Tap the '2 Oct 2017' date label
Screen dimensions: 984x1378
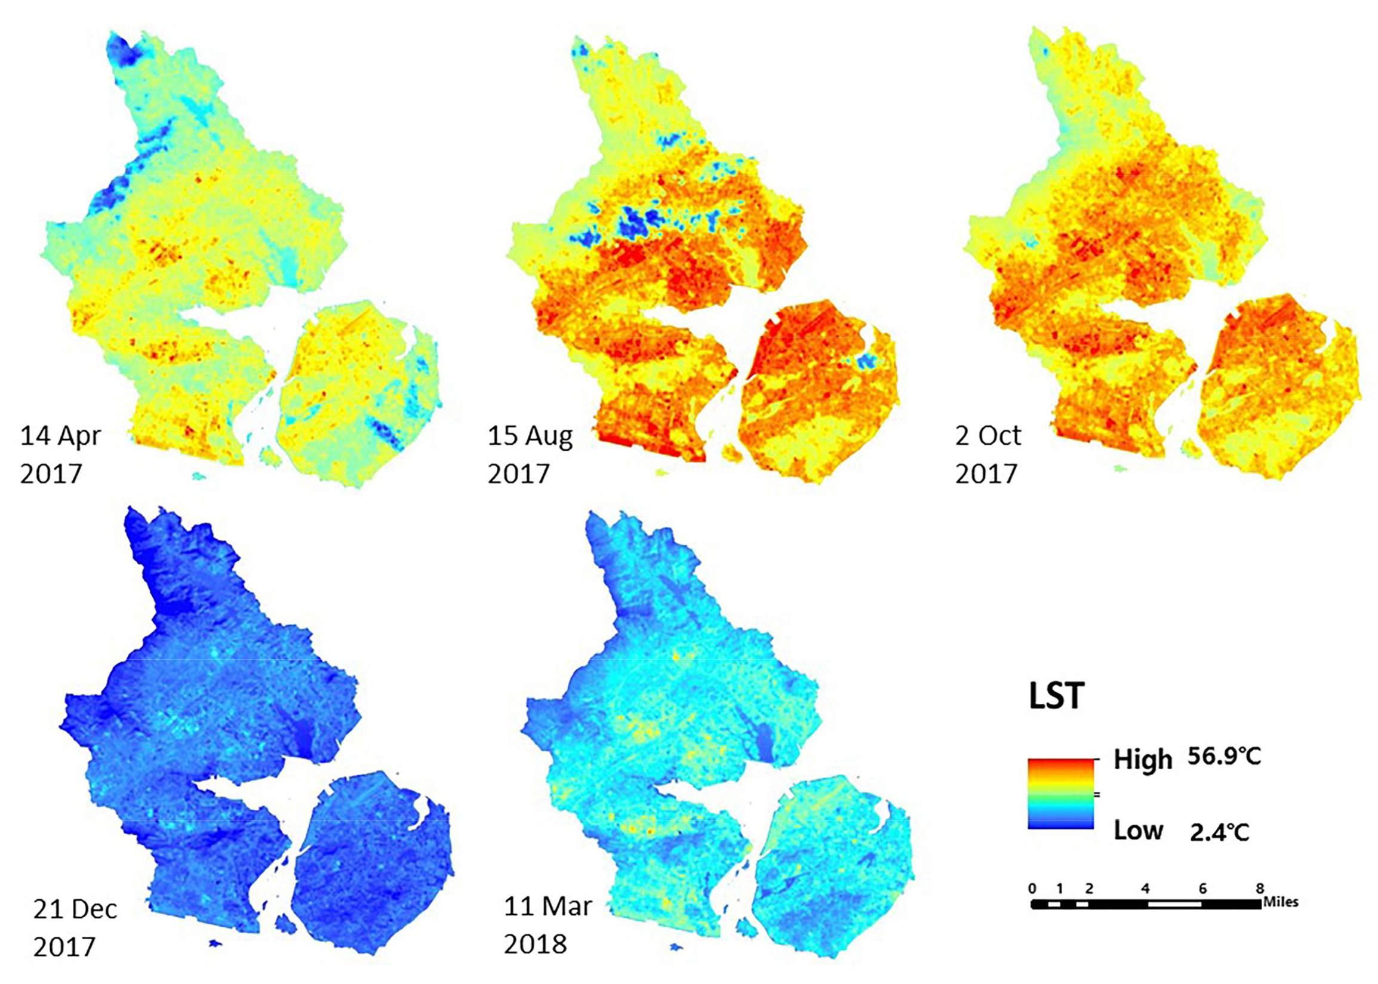988,454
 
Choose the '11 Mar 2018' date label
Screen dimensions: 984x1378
547,924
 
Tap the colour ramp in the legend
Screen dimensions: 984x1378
1060,793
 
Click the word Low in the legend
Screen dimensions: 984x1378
1138,831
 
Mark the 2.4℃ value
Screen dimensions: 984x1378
1219,832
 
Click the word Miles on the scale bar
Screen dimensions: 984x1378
1281,902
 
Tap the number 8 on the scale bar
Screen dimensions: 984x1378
1259,888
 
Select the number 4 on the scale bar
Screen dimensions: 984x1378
1145,888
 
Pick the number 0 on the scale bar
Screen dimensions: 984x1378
1032,888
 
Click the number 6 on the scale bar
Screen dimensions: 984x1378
1202,888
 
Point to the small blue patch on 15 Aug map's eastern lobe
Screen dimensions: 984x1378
868,361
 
